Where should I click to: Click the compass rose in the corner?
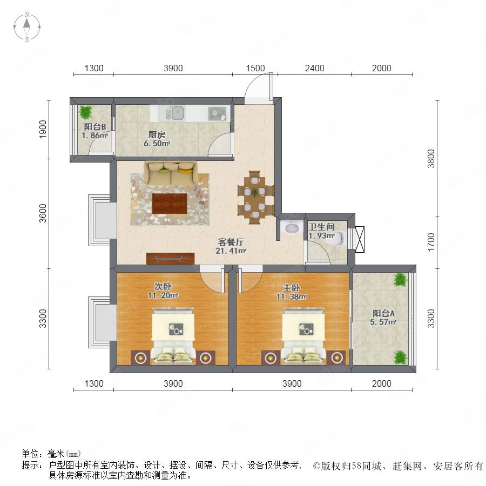[x=27, y=27]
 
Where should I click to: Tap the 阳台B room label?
[x=95, y=126]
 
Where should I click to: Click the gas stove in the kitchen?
[x=217, y=113]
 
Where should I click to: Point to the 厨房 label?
[x=157, y=135]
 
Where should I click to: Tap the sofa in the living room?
[x=170, y=173]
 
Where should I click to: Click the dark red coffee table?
[x=170, y=204]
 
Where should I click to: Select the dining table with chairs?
[x=255, y=197]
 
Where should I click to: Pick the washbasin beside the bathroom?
[x=292, y=228]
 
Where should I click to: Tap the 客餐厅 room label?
[x=231, y=242]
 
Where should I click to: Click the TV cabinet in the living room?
[x=170, y=259]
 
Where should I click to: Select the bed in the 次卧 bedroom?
[x=173, y=335]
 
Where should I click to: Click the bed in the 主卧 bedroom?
[x=303, y=335]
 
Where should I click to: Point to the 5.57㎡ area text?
[x=383, y=322]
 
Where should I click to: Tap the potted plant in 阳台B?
[x=85, y=112]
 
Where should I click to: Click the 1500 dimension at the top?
[x=255, y=68]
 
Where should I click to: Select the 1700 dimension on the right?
[x=431, y=242]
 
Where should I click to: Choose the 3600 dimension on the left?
[x=43, y=213]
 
